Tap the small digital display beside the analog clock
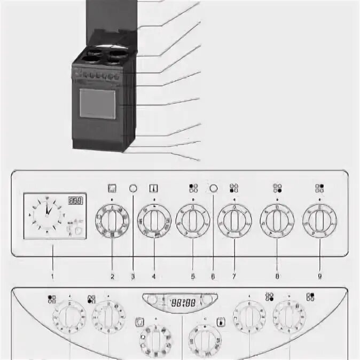(75, 202)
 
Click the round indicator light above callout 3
(134, 188)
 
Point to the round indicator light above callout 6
(214, 188)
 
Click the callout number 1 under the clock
(52, 277)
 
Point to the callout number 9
(319, 277)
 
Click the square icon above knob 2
(112, 188)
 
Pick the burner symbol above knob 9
(319, 188)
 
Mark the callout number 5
(193, 277)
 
